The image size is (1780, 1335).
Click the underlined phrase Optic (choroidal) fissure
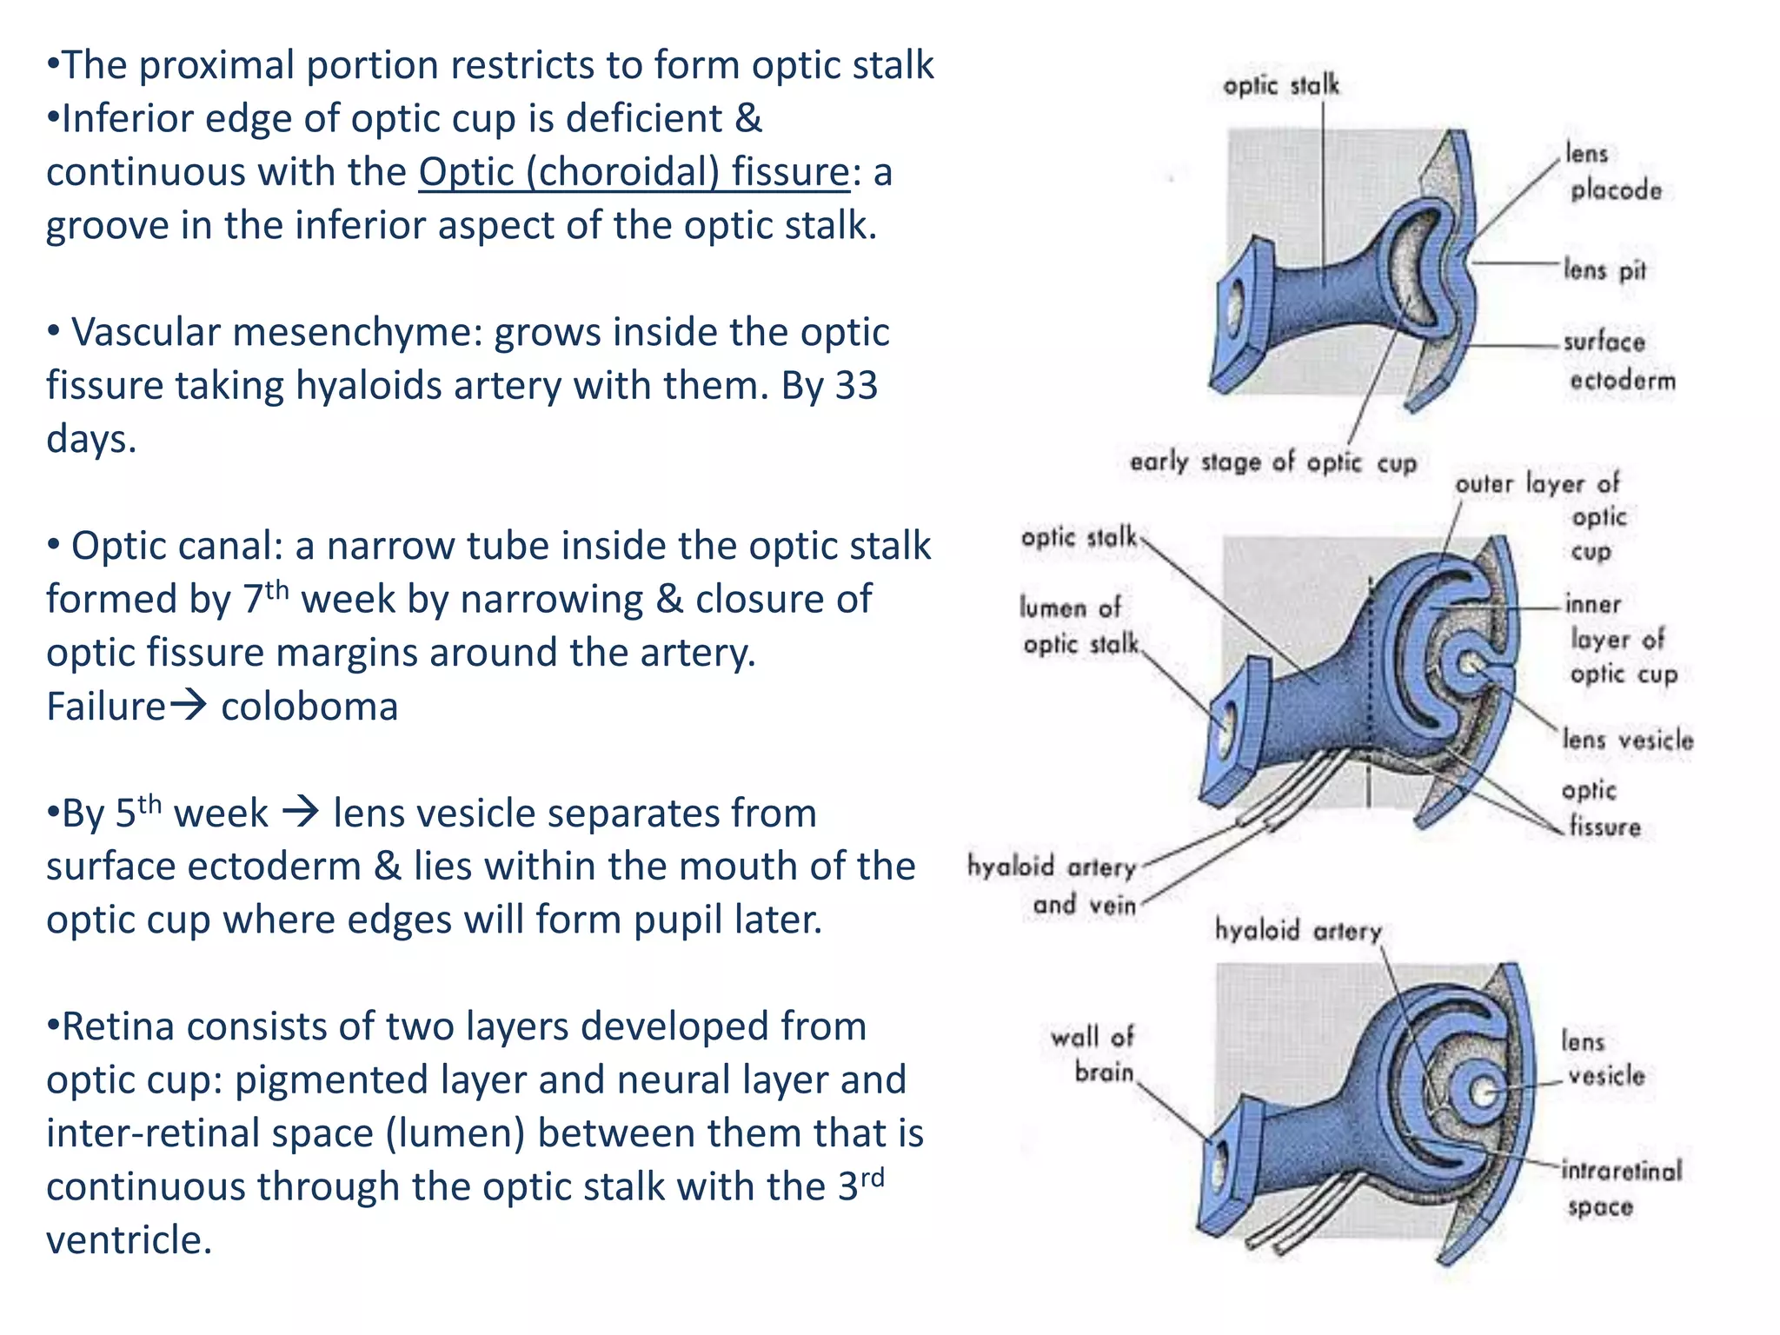[634, 172]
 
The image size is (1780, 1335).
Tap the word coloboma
[309, 707]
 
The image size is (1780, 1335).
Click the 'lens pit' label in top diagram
[1604, 269]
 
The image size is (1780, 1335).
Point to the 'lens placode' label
[1612, 172]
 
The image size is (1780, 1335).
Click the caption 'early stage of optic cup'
[1272, 462]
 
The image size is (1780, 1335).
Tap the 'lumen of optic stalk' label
[1078, 626]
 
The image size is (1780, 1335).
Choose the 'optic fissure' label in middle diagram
[1599, 808]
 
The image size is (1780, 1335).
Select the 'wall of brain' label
[1093, 1054]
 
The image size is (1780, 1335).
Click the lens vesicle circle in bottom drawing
[1484, 1092]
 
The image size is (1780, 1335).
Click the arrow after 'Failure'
[189, 705]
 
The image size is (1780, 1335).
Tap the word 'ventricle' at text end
[128, 1240]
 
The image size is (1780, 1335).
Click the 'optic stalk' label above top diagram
[1280, 85]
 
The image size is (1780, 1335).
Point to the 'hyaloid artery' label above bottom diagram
[1298, 931]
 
